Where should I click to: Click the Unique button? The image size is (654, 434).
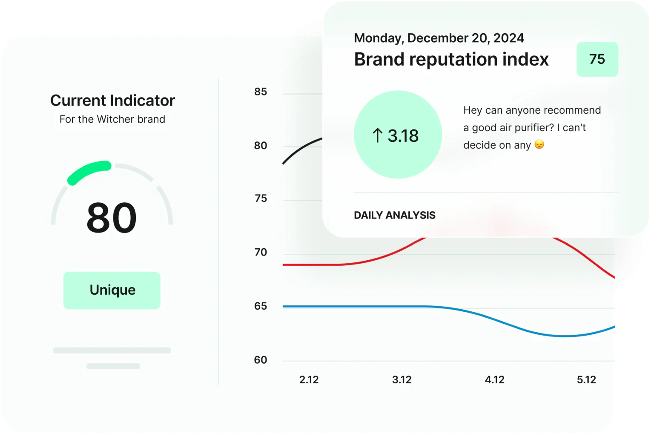(112, 290)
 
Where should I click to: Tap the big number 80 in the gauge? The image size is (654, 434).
(112, 218)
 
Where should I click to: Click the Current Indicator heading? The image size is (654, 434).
(112, 101)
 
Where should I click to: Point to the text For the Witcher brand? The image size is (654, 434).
(112, 119)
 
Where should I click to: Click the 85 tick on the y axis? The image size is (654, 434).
(261, 92)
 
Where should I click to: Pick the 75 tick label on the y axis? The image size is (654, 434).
(261, 198)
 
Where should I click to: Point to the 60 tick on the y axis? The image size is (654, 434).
(261, 360)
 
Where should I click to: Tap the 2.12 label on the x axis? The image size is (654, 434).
(309, 379)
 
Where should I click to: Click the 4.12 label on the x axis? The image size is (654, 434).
(494, 379)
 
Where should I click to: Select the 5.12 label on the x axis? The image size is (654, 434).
(586, 379)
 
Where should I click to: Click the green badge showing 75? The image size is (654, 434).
(597, 59)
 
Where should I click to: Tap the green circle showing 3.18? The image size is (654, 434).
(398, 135)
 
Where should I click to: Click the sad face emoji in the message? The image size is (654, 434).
(539, 145)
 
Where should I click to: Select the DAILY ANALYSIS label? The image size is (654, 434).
(394, 215)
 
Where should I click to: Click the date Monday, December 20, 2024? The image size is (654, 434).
(439, 38)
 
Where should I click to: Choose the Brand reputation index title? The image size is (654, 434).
(451, 59)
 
